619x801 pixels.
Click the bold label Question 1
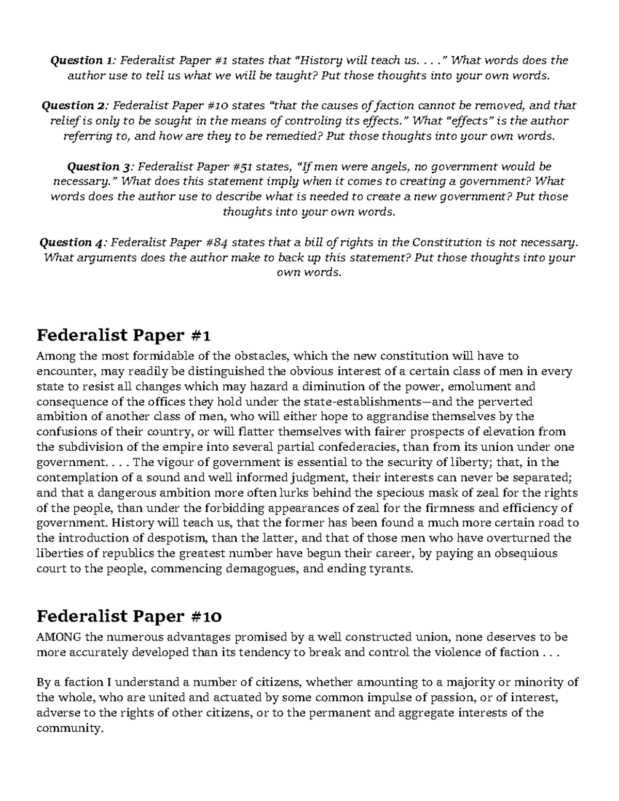pos(76,60)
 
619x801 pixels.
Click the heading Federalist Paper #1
pos(124,336)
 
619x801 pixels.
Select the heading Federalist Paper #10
pos(129,616)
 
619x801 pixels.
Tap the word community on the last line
pos(67,728)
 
